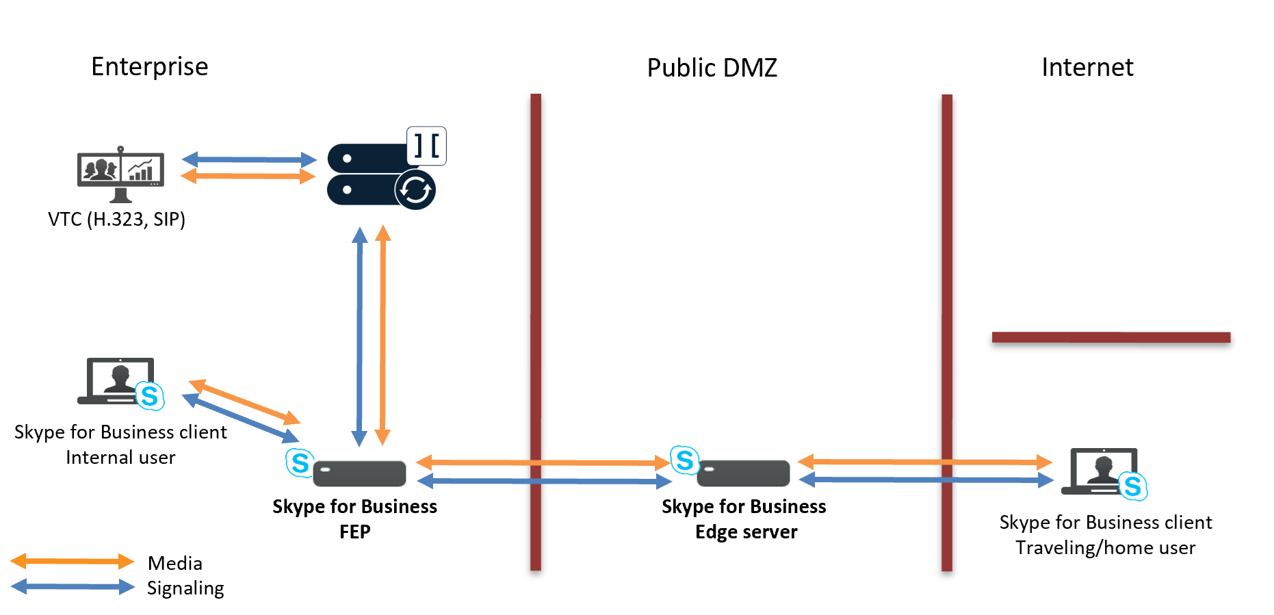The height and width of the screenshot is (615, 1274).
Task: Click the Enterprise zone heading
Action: [149, 66]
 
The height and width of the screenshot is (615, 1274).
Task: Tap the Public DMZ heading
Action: [712, 68]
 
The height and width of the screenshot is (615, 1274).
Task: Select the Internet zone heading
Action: [1087, 67]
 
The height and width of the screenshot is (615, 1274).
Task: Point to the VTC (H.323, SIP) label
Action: [116, 219]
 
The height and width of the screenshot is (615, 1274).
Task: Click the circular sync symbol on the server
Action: [415, 189]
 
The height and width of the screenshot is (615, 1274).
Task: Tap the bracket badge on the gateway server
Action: [426, 146]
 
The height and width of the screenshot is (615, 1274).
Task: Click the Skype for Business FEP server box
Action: [359, 473]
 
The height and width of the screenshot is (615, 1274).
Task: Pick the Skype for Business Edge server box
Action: [743, 473]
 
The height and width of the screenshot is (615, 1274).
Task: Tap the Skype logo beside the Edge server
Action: [684, 460]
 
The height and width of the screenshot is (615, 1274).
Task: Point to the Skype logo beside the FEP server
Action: [300, 462]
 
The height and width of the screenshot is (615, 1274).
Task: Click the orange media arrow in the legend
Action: [72, 562]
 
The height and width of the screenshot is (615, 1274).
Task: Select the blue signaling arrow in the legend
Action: [72, 586]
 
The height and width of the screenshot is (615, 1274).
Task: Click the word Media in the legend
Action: [174, 563]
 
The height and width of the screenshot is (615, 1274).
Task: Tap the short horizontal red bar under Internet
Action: [1110, 337]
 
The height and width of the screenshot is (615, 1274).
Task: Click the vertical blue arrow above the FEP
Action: [359, 335]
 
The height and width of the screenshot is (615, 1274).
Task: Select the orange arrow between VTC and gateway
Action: [248, 176]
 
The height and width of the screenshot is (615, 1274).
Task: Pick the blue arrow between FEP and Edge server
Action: [544, 482]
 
